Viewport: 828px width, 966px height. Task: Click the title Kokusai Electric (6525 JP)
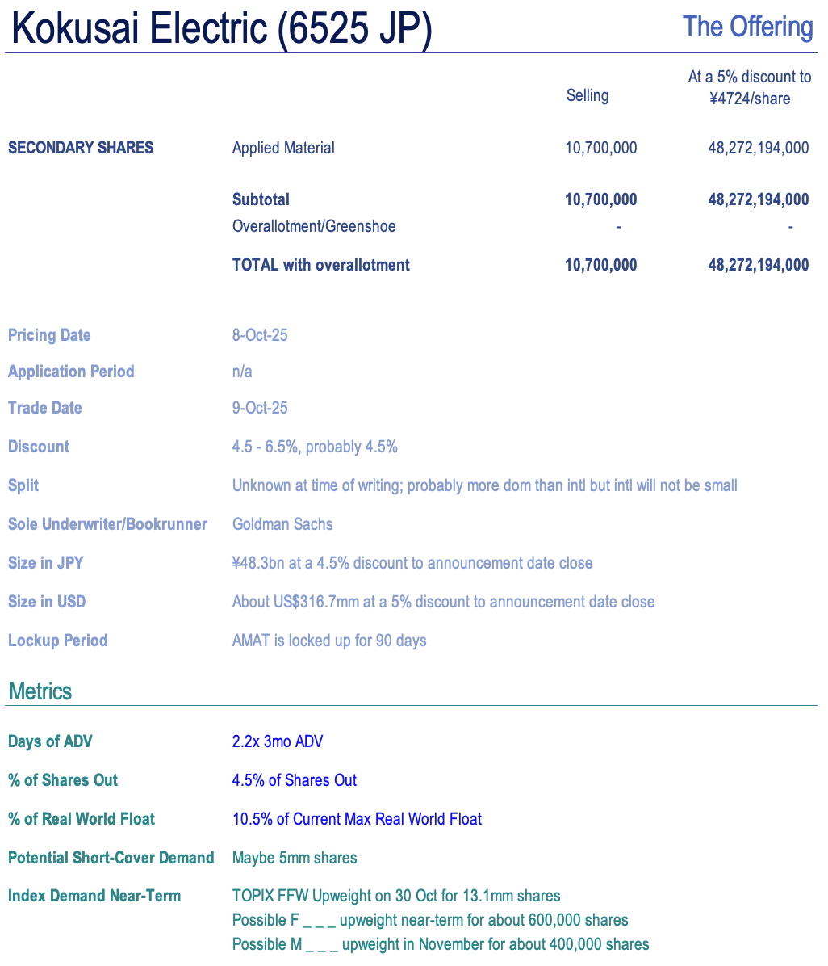click(x=222, y=29)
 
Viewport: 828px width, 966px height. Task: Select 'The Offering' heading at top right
click(x=747, y=27)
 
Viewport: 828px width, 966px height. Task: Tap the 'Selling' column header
click(x=587, y=95)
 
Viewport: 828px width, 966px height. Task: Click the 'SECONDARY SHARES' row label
click(x=81, y=148)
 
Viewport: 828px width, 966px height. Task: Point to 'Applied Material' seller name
click(x=283, y=148)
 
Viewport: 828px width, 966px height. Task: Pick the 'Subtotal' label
click(x=261, y=199)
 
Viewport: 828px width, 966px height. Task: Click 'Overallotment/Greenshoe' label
click(x=314, y=226)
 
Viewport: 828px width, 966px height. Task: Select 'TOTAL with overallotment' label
click(x=320, y=265)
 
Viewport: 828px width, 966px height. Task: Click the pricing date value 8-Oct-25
click(x=260, y=335)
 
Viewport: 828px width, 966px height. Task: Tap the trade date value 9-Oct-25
click(x=260, y=408)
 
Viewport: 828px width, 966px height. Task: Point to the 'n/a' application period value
click(x=242, y=372)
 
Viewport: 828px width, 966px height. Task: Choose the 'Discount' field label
click(x=39, y=447)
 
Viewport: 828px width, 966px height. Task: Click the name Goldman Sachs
click(x=282, y=524)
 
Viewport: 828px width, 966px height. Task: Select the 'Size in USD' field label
click(x=47, y=602)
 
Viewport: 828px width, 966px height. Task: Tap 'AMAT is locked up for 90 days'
click(x=329, y=640)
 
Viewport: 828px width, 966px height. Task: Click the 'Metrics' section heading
click(x=40, y=691)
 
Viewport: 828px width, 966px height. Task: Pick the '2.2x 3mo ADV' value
click(x=278, y=741)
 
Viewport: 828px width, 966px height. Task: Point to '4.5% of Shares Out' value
click(x=295, y=780)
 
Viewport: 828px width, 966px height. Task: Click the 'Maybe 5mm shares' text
click(x=295, y=858)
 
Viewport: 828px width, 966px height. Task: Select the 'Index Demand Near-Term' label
click(x=94, y=896)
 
